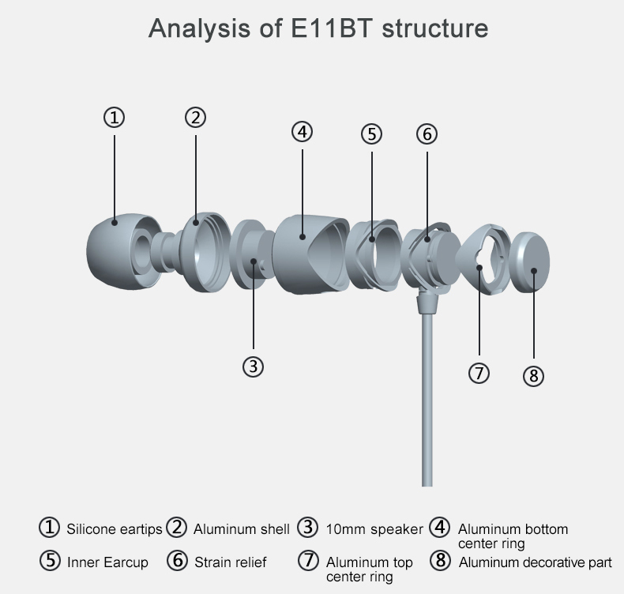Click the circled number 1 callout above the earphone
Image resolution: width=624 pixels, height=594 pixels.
click(x=115, y=118)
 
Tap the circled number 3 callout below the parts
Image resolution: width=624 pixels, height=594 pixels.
click(x=253, y=367)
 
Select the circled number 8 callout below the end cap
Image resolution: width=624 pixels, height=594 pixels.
click(x=534, y=375)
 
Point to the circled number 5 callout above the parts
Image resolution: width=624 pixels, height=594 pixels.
click(x=371, y=133)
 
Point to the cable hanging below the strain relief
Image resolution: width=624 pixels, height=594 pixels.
click(x=427, y=395)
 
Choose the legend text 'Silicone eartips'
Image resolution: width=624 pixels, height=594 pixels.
click(x=114, y=529)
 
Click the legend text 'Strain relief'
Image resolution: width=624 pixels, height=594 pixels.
click(x=231, y=562)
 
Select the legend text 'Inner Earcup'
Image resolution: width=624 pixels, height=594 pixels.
click(x=107, y=562)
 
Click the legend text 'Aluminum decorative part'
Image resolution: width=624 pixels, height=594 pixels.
click(x=535, y=562)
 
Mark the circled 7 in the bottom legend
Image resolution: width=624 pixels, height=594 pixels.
click(x=308, y=561)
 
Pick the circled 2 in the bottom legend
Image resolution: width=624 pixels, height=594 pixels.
click(x=176, y=528)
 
